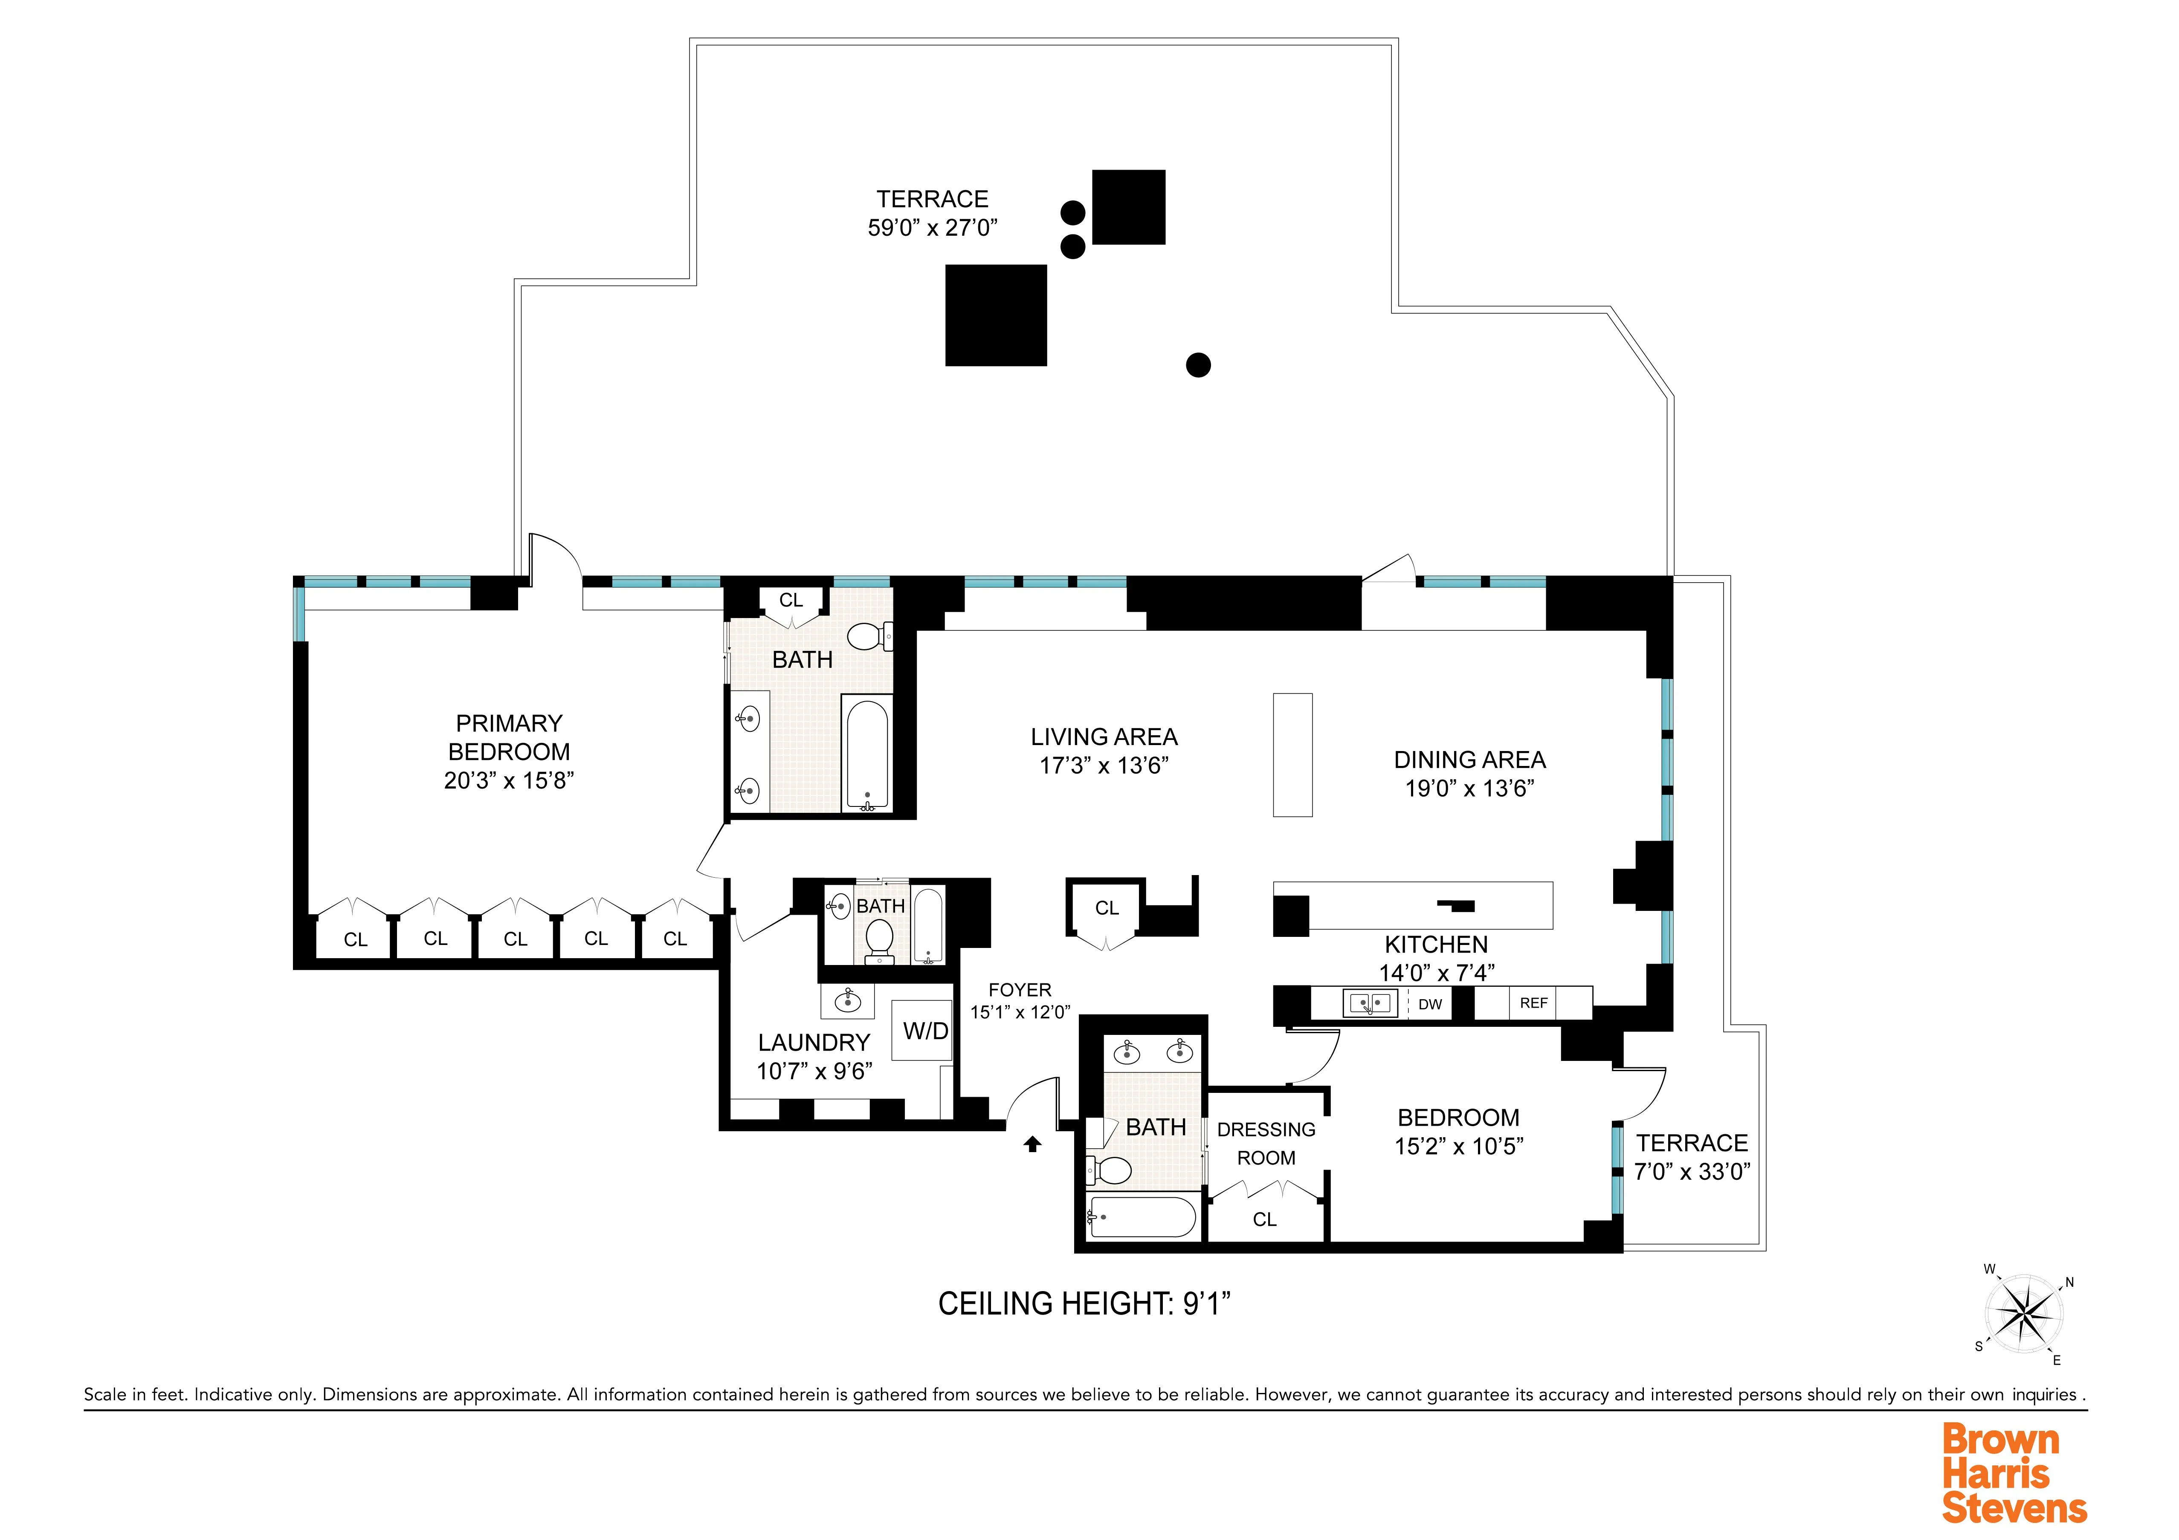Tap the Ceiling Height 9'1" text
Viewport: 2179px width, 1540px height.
1084,1304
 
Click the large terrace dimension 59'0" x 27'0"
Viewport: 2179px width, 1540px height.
932,228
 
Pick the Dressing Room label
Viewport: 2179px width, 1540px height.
1266,1143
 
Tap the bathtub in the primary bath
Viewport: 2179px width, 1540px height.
866,754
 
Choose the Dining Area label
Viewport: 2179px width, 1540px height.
1469,760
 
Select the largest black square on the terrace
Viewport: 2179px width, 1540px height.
996,315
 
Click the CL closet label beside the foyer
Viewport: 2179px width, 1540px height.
1107,908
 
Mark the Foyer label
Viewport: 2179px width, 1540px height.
1019,990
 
